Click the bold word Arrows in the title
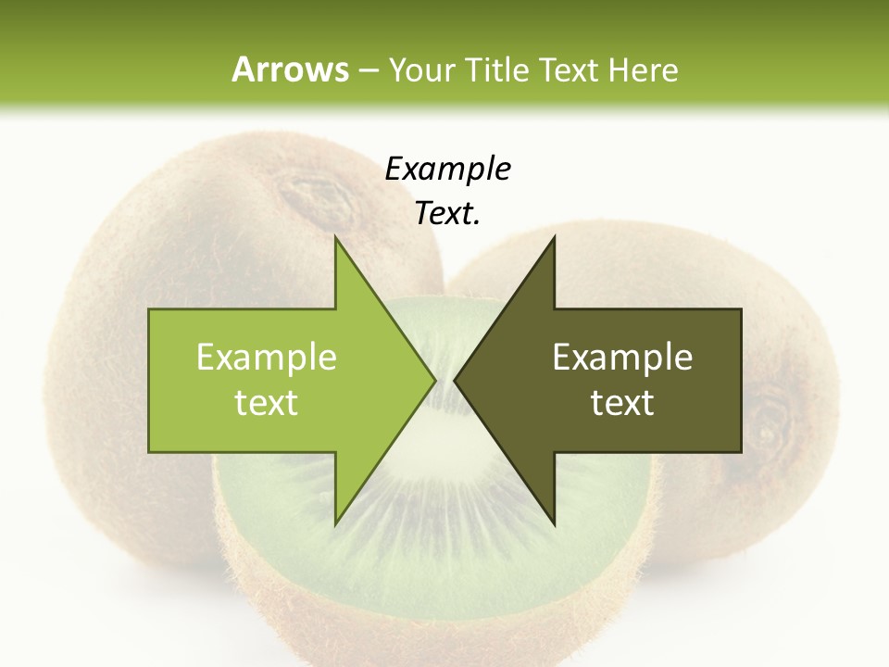(290, 69)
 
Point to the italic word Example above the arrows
(447, 169)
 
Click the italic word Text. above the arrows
(447, 213)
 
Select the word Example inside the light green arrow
(267, 357)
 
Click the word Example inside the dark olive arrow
(622, 357)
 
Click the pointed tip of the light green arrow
(436, 380)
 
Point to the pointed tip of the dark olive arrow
(455, 380)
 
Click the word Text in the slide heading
(570, 69)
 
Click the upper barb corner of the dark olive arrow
(554, 237)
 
